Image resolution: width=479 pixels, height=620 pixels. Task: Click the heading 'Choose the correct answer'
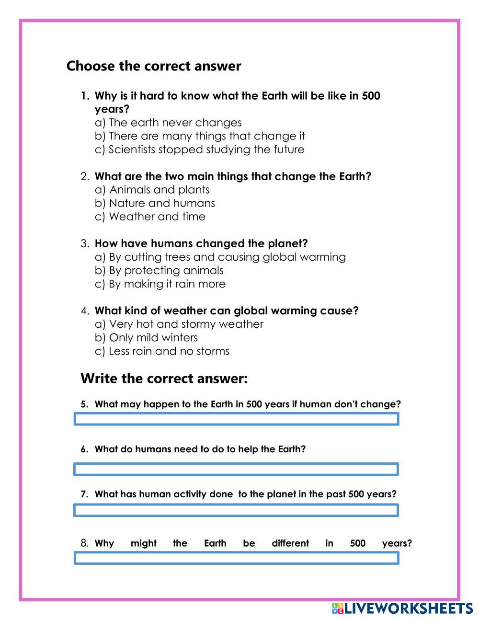coord(153,66)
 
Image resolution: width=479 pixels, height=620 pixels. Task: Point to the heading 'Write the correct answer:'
coord(164,379)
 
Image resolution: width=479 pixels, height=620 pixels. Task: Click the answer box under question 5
coord(236,419)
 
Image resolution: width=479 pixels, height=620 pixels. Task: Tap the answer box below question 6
coord(236,469)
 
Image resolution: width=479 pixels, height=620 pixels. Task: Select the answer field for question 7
coord(236,510)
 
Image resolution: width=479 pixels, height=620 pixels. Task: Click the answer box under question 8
coord(236,558)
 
